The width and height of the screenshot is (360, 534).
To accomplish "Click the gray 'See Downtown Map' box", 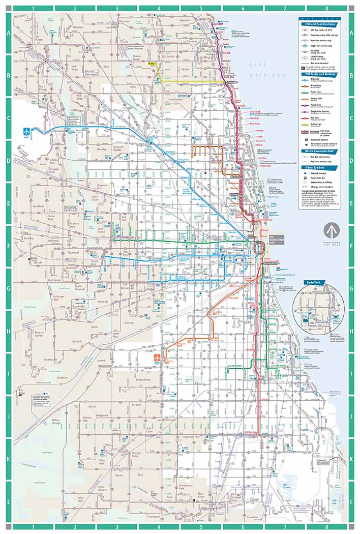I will (275, 241).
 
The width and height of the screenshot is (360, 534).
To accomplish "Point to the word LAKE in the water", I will (259, 65).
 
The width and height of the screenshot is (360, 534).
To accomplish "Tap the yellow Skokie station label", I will (151, 64).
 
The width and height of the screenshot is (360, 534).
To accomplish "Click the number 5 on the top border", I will (201, 8).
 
